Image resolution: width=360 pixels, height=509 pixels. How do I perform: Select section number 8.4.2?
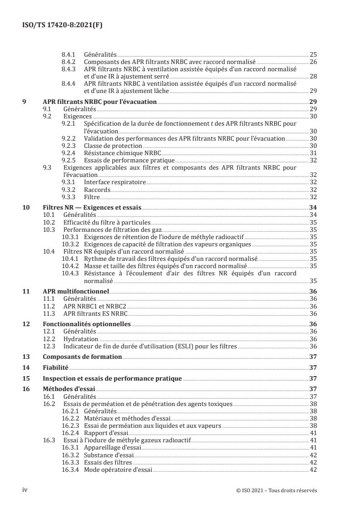click(69, 62)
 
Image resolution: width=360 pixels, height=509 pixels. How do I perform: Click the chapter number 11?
click(26, 293)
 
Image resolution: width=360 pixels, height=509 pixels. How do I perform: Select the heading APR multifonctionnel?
click(75, 293)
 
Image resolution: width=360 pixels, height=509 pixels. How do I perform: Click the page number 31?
click(313, 153)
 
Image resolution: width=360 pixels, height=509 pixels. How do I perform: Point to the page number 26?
click(313, 62)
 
